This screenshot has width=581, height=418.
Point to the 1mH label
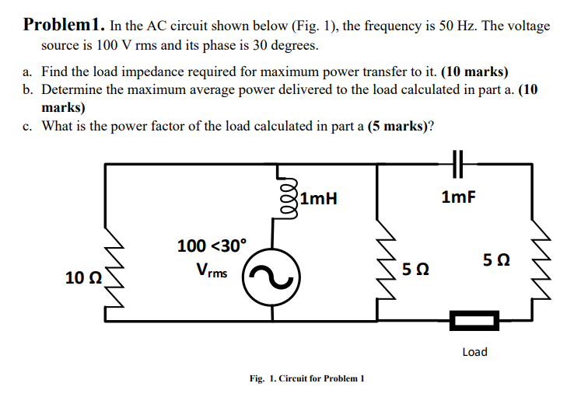tap(318, 198)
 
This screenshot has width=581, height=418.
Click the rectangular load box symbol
tap(474, 319)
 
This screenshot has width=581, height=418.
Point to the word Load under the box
tap(474, 352)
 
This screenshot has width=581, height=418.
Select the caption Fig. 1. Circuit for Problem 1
tap(307, 378)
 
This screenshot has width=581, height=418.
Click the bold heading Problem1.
tap(63, 25)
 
